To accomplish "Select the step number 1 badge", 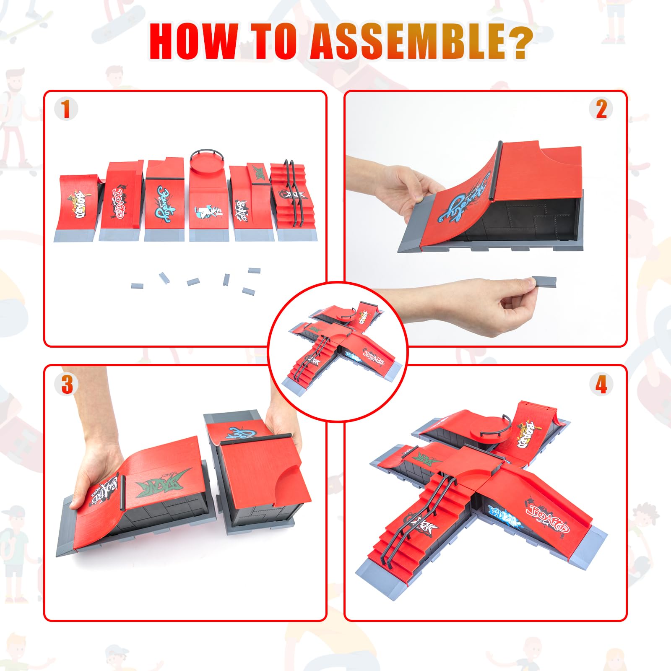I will (66, 109).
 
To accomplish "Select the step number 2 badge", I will (601, 109).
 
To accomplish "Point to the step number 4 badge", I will (601, 384).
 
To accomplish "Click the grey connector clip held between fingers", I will (544, 281).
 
